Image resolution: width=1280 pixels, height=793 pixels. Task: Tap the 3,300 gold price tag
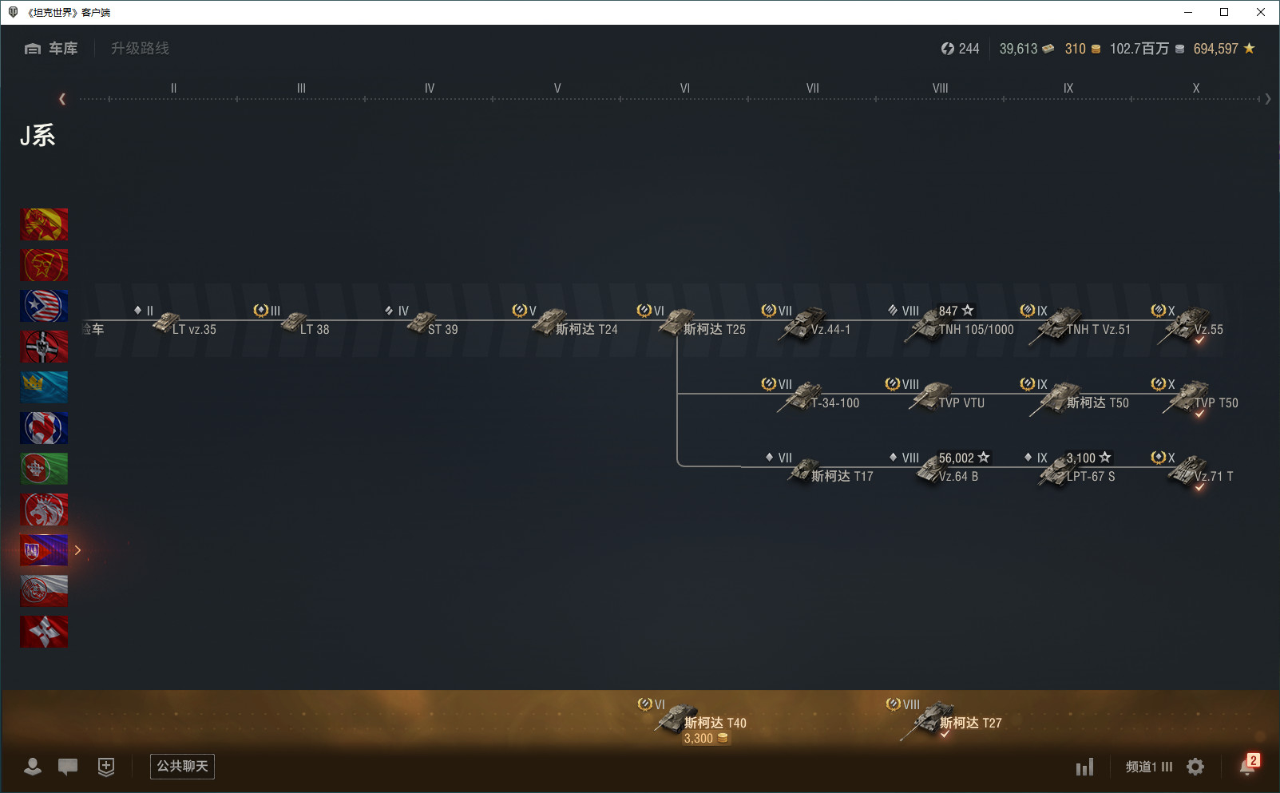click(x=705, y=739)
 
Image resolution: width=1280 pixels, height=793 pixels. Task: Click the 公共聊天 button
click(x=182, y=767)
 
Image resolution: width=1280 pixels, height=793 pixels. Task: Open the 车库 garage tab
click(x=52, y=49)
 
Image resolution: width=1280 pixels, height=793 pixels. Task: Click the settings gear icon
click(x=1195, y=767)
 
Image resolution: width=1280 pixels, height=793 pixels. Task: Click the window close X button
click(x=1261, y=12)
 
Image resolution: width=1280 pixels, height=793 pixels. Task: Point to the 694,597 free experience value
click(x=1215, y=49)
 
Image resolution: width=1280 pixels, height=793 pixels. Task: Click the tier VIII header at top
click(x=940, y=88)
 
